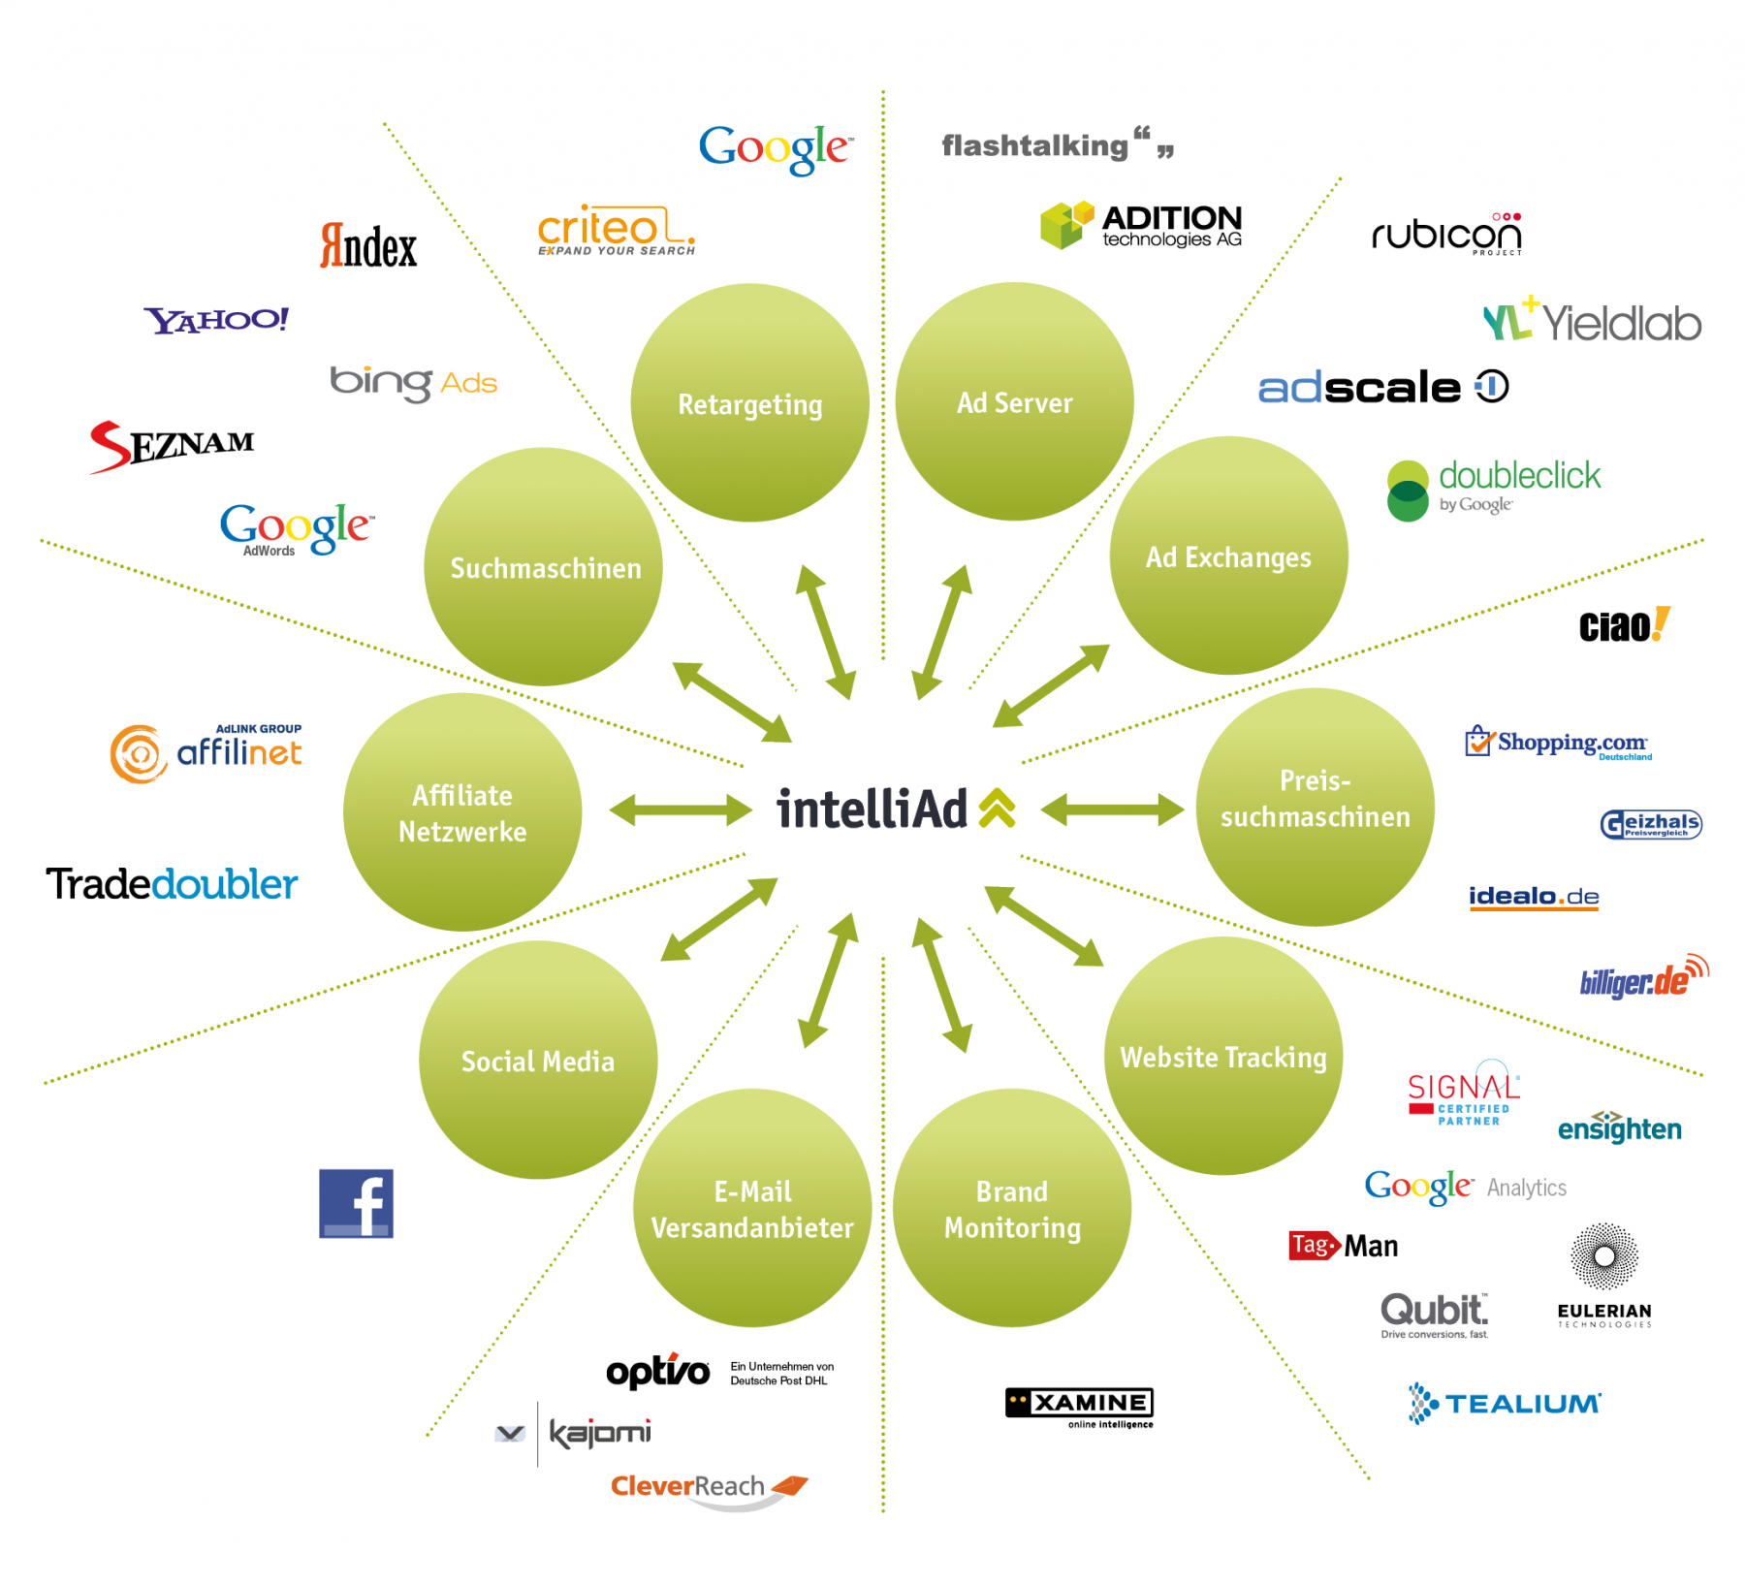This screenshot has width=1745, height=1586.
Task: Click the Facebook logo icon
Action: coord(356,1203)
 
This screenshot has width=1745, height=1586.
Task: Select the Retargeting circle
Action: coord(749,402)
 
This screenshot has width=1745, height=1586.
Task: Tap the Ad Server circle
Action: coord(1014,401)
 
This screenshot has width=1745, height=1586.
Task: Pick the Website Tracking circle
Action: coord(1223,1056)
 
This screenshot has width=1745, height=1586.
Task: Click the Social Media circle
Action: coord(538,1060)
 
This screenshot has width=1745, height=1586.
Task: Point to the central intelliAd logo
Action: coord(896,809)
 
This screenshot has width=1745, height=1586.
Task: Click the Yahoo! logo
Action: coord(216,320)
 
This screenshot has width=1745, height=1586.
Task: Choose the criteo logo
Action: coord(617,231)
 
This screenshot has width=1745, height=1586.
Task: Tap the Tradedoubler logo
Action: coord(172,884)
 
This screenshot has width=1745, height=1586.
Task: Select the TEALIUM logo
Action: coord(1505,1403)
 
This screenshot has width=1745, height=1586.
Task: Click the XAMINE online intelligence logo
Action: coord(1079,1407)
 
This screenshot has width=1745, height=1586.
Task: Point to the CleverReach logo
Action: coord(708,1488)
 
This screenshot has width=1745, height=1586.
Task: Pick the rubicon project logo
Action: coord(1446,234)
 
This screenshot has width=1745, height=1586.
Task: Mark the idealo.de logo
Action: coord(1534,897)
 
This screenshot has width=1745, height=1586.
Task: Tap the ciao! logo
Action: coord(1624,626)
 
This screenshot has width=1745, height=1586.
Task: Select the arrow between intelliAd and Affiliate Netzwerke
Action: coord(681,809)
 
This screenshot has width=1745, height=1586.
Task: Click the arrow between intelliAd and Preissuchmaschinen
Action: coord(1112,809)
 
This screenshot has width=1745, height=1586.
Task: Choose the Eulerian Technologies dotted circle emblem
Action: coord(1604,1256)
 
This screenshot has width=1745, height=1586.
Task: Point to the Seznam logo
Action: coord(172,446)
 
